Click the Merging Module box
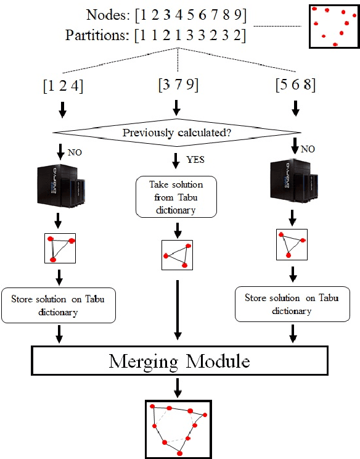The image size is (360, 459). pyautogui.click(x=179, y=360)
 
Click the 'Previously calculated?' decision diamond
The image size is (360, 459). pyautogui.click(x=178, y=133)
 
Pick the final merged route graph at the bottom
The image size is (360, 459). pyautogui.click(x=179, y=428)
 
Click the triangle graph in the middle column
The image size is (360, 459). pyautogui.click(x=177, y=255)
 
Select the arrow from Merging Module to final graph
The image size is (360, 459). pyautogui.click(x=178, y=387)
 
